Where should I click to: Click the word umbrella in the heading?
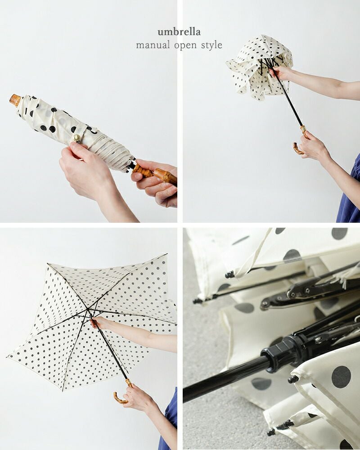(179, 32)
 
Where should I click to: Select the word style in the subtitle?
(211, 45)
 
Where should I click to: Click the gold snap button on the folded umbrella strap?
(77, 138)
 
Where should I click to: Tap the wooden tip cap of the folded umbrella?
(15, 100)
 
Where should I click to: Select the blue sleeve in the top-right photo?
(349, 192)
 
